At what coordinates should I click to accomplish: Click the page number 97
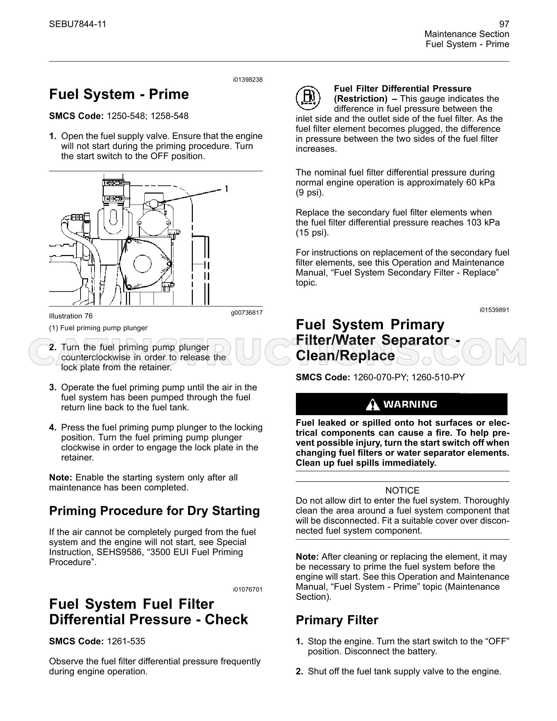pyautogui.click(x=504, y=24)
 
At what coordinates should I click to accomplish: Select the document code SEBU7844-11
pyautogui.click(x=77, y=24)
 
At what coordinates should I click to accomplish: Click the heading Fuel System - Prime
pyautogui.click(x=119, y=94)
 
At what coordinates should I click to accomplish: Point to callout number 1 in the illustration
pyautogui.click(x=226, y=188)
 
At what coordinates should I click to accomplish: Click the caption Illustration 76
pyautogui.click(x=71, y=316)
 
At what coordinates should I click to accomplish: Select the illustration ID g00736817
pyautogui.click(x=247, y=312)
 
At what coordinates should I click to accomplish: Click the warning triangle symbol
pyautogui.click(x=372, y=404)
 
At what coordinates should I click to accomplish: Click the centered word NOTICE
pyautogui.click(x=402, y=491)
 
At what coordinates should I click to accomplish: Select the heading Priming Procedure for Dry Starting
pyautogui.click(x=154, y=511)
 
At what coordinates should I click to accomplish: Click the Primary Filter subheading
pyautogui.click(x=337, y=620)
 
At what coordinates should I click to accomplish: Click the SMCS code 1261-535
pyautogui.click(x=126, y=641)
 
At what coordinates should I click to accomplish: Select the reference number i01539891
pyautogui.click(x=494, y=310)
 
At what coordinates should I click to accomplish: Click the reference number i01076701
pyautogui.click(x=248, y=590)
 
